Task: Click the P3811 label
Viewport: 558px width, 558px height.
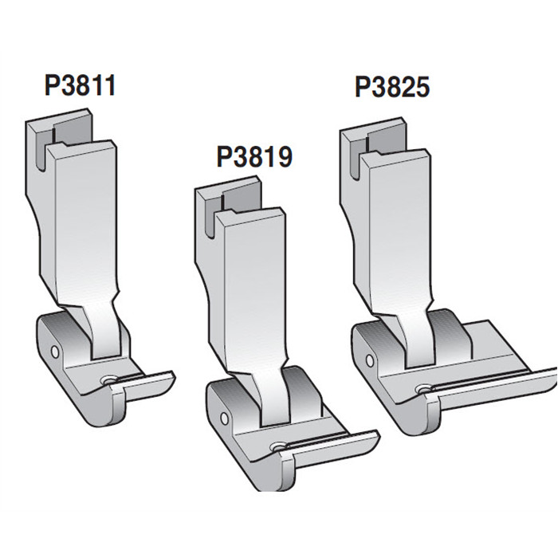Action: (x=81, y=84)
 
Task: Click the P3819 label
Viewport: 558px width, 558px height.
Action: (x=254, y=156)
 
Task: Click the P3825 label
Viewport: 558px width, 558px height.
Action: (x=393, y=87)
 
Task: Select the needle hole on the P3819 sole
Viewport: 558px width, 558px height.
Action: (x=277, y=448)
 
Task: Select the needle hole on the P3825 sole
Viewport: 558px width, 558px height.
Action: (x=421, y=389)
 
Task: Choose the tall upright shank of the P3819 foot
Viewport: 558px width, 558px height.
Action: (x=253, y=287)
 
